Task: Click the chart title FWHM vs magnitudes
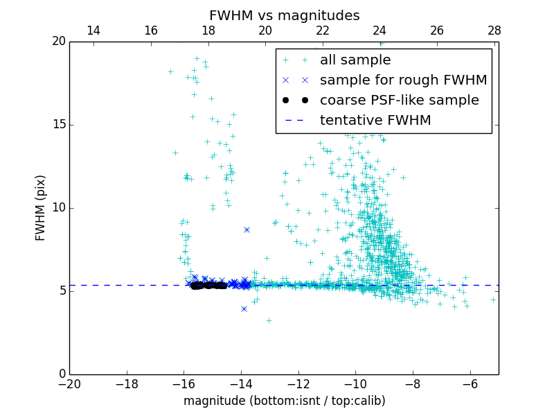tap(284, 15)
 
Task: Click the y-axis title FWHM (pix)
tap(41, 208)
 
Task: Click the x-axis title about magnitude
tap(284, 401)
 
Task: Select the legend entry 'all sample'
tap(355, 60)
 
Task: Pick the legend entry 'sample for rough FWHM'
tap(403, 80)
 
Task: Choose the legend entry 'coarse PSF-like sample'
tap(399, 101)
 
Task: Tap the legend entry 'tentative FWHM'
tap(375, 121)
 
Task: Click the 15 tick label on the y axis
tap(58, 125)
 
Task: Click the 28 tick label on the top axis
tap(494, 31)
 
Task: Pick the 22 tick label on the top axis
tap(322, 31)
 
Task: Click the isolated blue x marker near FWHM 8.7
tap(247, 229)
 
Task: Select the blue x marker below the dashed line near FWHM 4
tap(244, 309)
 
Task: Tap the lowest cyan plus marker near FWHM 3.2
tap(269, 320)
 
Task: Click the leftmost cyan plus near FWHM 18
tap(170, 71)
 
